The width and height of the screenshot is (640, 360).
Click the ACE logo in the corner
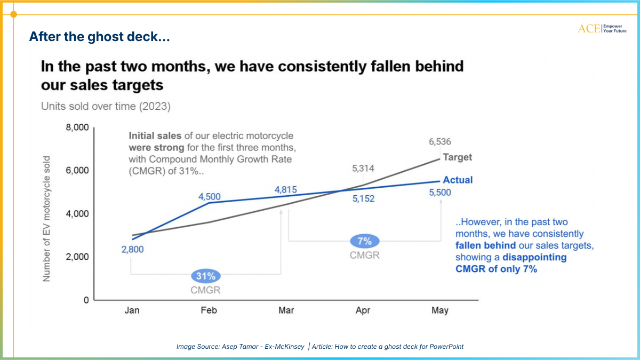pos(602,28)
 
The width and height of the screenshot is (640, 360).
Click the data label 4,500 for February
pos(210,197)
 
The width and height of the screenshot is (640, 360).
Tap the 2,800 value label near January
pos(132,249)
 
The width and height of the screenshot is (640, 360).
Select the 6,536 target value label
pos(441,142)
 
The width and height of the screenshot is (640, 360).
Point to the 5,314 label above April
pos(363,169)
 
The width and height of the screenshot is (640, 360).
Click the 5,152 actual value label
pos(363,198)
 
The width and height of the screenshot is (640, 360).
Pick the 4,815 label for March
pos(286,190)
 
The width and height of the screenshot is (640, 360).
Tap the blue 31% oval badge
pos(205,276)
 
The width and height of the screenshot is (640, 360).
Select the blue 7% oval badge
pos(365,241)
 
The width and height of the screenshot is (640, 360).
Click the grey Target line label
pos(457,158)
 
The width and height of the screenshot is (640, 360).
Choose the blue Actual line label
pos(458,180)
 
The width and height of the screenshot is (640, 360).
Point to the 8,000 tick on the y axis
pos(77,128)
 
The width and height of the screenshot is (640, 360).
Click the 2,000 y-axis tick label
pos(77,257)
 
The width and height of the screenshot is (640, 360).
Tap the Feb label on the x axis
pos(209,310)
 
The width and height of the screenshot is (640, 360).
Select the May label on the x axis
pos(440,310)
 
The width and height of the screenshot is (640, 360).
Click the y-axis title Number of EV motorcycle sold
pos(47,219)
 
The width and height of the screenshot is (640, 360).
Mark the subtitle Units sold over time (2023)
pos(106,106)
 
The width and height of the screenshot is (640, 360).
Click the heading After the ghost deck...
pos(99,37)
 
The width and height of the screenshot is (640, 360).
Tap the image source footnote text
pos(320,347)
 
